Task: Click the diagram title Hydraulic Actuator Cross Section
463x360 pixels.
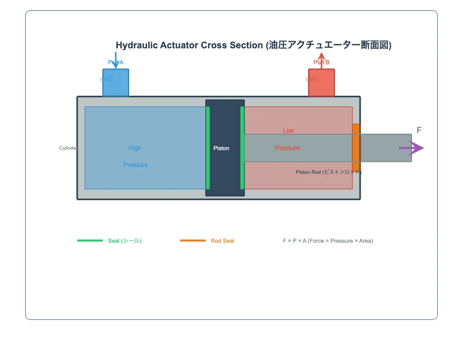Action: (254, 45)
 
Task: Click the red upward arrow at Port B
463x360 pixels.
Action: (322, 59)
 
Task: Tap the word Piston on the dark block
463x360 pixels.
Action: (221, 148)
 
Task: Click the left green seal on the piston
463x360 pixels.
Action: (208, 148)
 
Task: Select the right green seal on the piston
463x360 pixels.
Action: (242, 148)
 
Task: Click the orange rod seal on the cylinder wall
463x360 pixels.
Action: (356, 149)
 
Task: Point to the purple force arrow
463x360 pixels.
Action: (412, 148)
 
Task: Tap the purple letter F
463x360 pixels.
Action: (419, 130)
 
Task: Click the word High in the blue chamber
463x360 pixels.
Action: (135, 148)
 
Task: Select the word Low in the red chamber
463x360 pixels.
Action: (289, 131)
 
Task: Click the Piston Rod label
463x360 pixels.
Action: (328, 172)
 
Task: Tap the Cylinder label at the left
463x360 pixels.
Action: (68, 148)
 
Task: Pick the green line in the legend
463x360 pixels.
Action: (90, 241)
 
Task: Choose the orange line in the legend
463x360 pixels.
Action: (193, 241)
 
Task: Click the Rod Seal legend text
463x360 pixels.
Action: (222, 241)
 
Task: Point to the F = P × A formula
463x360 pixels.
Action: (328, 241)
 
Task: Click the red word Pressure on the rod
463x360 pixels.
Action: (287, 148)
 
